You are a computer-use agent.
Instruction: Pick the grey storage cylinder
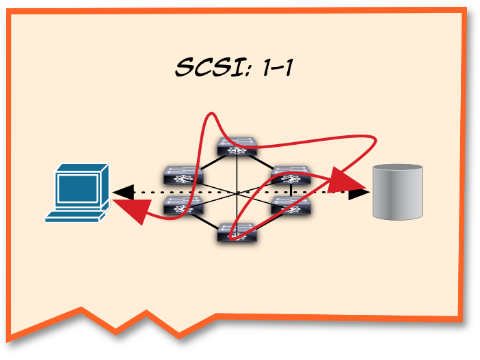click(398, 192)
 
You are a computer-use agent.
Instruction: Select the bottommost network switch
click(237, 233)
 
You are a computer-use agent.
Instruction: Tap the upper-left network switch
click(183, 175)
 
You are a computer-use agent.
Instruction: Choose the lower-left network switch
click(183, 205)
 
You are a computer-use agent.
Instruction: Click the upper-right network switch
click(291, 175)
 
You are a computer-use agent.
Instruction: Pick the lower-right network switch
click(291, 205)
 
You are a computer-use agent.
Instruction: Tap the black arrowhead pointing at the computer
click(122, 193)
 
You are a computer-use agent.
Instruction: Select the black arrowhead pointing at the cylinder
click(358, 193)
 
